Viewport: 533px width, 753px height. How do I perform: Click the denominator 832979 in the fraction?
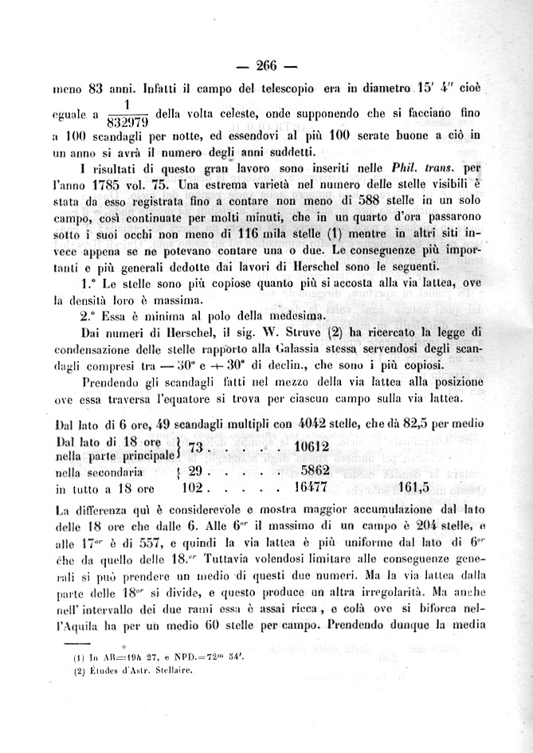128,122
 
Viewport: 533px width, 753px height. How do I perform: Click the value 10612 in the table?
312,449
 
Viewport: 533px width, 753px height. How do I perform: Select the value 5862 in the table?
315,471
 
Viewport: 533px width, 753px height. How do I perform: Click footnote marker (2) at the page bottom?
79,669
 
